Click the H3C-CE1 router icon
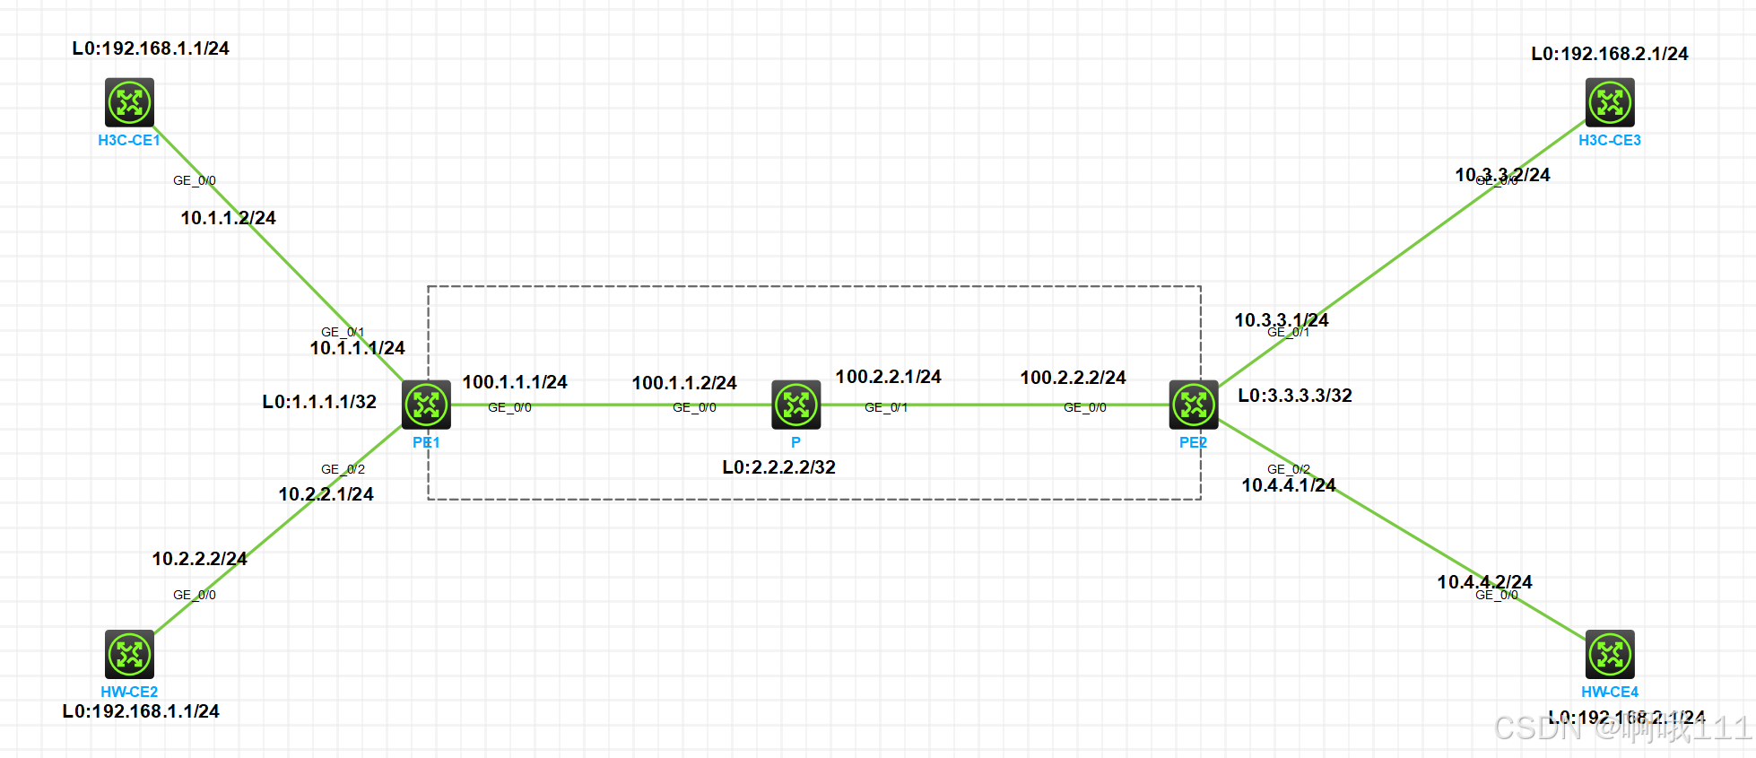130,102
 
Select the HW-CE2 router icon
130,654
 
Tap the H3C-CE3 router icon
1610,102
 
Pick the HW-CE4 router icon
1610,654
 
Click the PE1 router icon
426,405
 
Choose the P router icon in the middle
796,405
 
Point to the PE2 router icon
1194,405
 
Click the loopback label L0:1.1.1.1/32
319,402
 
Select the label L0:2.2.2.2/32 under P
778,467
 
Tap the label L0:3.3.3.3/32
1295,396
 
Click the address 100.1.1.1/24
515,382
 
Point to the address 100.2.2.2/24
1073,378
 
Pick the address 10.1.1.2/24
228,218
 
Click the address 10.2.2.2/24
199,559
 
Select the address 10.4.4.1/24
1289,485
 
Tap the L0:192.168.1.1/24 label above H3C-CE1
151,48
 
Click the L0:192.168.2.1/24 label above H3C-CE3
1609,54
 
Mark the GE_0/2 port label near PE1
343,469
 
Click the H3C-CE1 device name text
129,140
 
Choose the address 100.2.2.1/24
888,377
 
